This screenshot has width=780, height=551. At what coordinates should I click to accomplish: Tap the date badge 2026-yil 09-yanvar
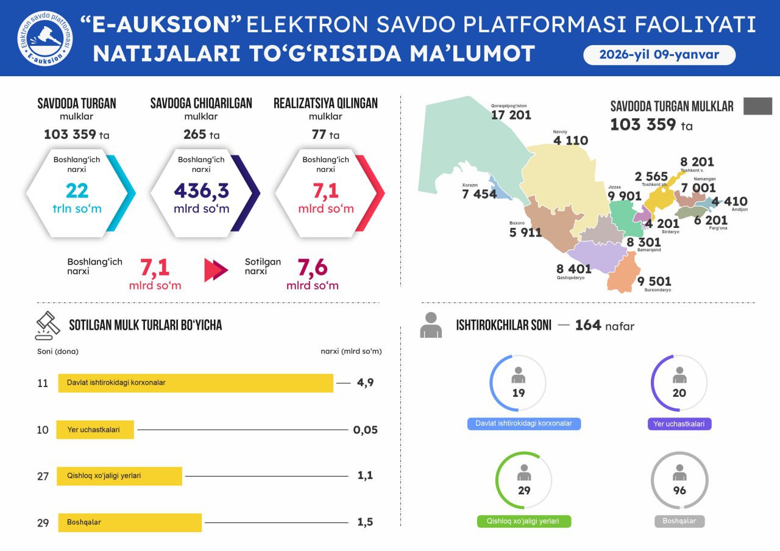pyautogui.click(x=659, y=55)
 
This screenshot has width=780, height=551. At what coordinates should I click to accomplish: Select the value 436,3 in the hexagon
pyautogui.click(x=202, y=191)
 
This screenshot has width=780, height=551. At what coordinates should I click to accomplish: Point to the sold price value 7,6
pyautogui.click(x=313, y=268)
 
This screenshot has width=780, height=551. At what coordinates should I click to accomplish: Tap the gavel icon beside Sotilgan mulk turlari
pyautogui.click(x=48, y=325)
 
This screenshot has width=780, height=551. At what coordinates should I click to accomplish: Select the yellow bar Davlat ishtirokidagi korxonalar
pyautogui.click(x=196, y=383)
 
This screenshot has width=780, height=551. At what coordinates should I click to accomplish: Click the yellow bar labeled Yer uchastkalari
pyautogui.click(x=95, y=430)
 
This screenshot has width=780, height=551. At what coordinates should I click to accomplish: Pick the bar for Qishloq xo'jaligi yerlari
pyautogui.click(x=119, y=476)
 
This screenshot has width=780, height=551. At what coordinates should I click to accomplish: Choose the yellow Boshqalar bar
pyautogui.click(x=130, y=522)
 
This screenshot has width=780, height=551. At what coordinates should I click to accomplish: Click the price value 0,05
pyautogui.click(x=365, y=430)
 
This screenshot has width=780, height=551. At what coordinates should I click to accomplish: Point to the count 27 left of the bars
pyautogui.click(x=43, y=477)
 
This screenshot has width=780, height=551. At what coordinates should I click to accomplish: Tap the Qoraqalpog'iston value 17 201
pyautogui.click(x=511, y=115)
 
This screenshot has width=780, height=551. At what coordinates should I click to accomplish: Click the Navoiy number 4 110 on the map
pyautogui.click(x=570, y=141)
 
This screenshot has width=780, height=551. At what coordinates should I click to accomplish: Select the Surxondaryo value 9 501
pyautogui.click(x=654, y=281)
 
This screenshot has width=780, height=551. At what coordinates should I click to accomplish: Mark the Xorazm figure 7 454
pyautogui.click(x=480, y=194)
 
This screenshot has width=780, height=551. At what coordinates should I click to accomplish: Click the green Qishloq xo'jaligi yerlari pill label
pyautogui.click(x=524, y=522)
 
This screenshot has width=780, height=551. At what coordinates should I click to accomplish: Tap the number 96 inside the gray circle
pyautogui.click(x=679, y=491)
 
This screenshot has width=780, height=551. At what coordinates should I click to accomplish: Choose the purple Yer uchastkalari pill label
pyautogui.click(x=679, y=424)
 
